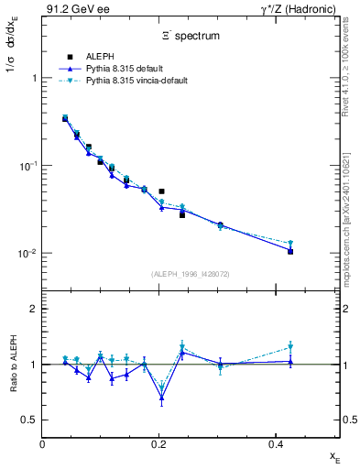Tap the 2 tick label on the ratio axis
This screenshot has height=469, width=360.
click(33, 309)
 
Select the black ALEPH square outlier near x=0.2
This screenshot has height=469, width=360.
click(162, 191)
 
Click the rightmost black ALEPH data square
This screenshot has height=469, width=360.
click(290, 250)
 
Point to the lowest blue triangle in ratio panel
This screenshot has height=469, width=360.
click(162, 398)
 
